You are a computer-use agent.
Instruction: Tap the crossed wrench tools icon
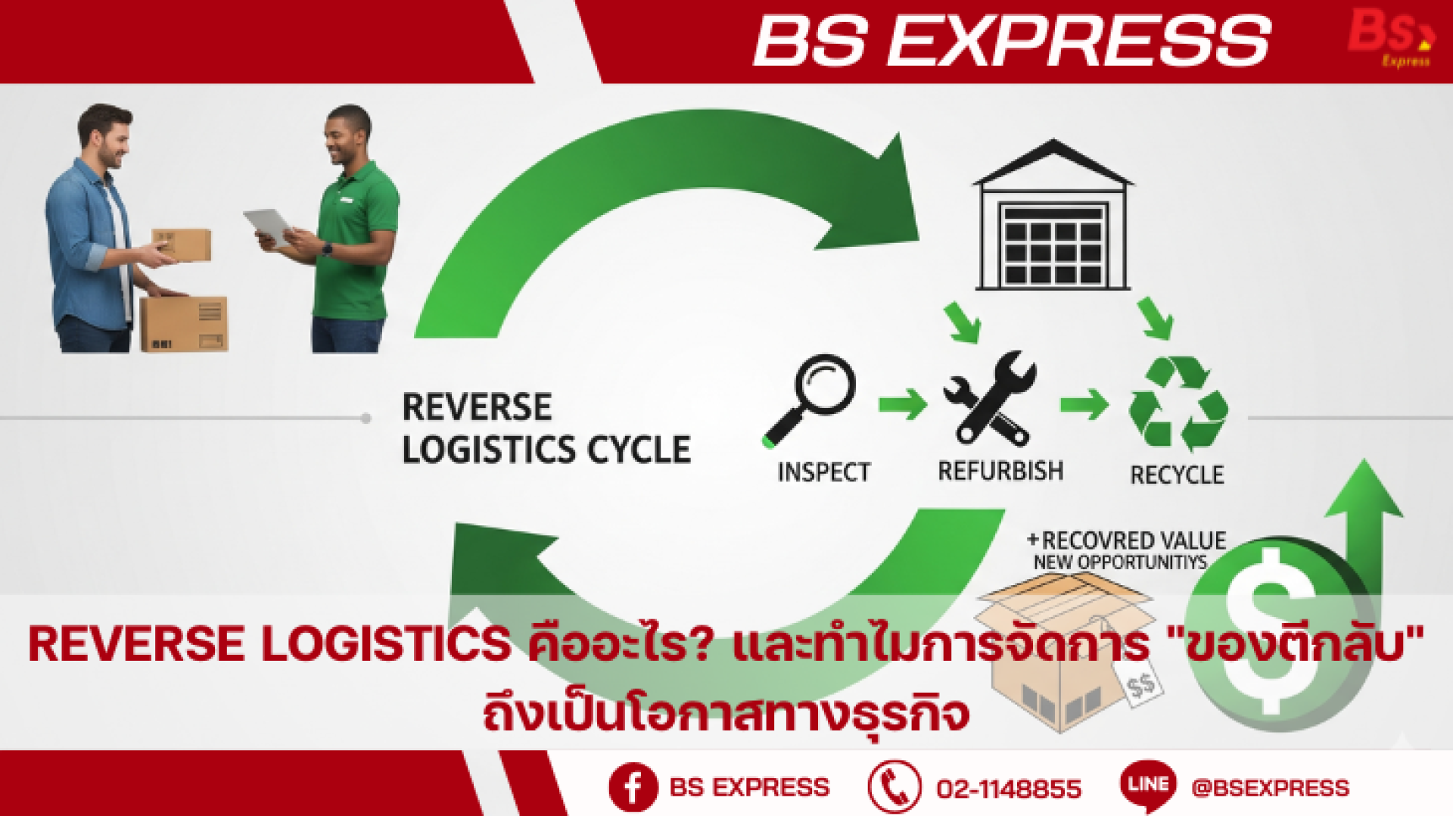pyautogui.click(x=990, y=398)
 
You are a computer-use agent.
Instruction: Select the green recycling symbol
pyautogui.click(x=1178, y=403)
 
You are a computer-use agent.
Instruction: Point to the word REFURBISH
pyautogui.click(x=1000, y=471)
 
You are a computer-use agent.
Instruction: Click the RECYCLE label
pyautogui.click(x=1177, y=475)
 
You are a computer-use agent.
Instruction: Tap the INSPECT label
pyautogui.click(x=823, y=472)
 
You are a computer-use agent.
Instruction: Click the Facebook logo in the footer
pyautogui.click(x=633, y=787)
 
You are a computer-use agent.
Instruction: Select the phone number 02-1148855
pyautogui.click(x=1009, y=789)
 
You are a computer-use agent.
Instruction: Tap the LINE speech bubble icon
pyautogui.click(x=1148, y=786)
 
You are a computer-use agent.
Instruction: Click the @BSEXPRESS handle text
pyautogui.click(x=1270, y=788)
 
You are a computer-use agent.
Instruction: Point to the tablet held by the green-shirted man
pyautogui.click(x=269, y=226)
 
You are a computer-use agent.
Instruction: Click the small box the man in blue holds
pyautogui.click(x=182, y=245)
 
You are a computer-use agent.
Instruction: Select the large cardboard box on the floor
pyautogui.click(x=184, y=323)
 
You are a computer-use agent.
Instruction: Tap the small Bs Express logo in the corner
pyautogui.click(x=1391, y=38)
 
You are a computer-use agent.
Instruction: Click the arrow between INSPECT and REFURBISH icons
pyautogui.click(x=903, y=404)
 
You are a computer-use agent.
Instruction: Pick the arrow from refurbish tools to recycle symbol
pyautogui.click(x=1084, y=404)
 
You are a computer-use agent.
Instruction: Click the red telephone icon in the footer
pyautogui.click(x=895, y=787)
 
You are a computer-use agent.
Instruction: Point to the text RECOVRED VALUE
pyautogui.click(x=1134, y=540)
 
